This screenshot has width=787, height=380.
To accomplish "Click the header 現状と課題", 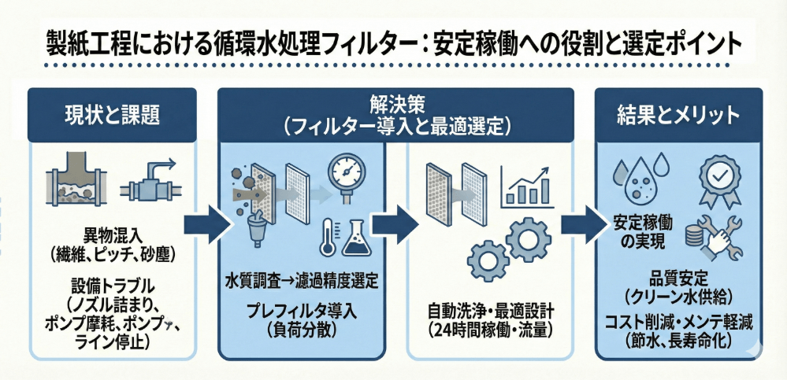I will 110,115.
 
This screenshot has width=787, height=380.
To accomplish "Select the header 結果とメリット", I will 677,115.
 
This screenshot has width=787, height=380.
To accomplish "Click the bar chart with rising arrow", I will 527,184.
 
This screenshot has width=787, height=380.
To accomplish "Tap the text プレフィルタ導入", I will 302,310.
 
